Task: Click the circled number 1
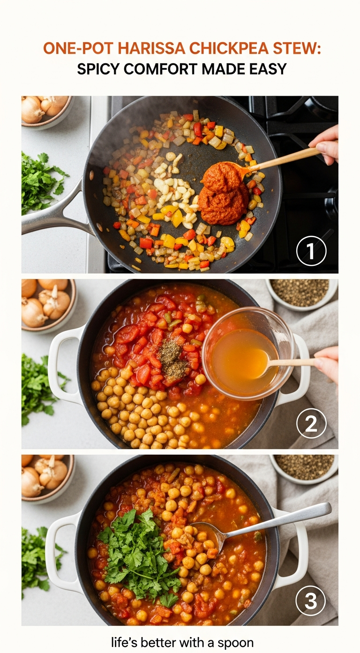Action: click(311, 251)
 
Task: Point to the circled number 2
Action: click(311, 423)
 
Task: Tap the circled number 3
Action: click(310, 600)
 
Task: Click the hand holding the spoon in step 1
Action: click(325, 144)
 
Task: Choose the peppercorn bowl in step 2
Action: click(301, 293)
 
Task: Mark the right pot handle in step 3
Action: click(292, 554)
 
